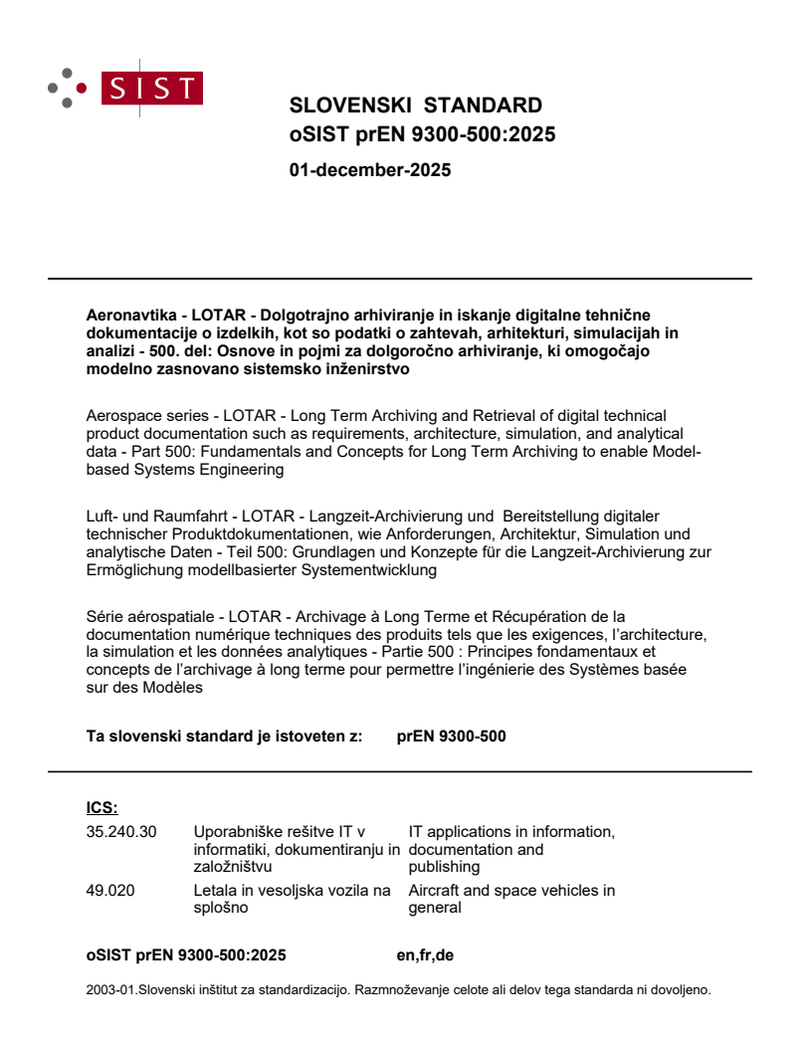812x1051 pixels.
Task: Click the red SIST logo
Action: click(151, 89)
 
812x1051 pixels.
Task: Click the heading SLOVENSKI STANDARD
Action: click(415, 105)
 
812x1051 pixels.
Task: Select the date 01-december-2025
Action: click(370, 170)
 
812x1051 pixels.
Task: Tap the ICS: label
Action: click(102, 808)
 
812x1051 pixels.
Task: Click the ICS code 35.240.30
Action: click(121, 832)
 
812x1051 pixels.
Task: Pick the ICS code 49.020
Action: click(110, 891)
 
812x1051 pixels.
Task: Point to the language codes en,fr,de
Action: click(425, 956)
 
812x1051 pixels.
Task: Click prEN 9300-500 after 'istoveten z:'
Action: click(451, 737)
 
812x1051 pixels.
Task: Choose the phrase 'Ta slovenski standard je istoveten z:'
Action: click(224, 737)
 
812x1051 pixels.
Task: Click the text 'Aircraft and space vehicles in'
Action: click(511, 891)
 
